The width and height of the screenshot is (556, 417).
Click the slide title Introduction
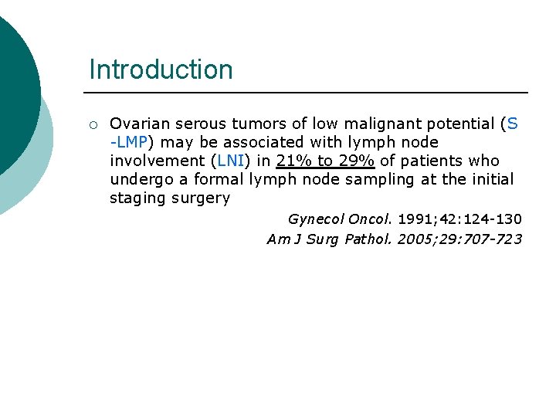(161, 69)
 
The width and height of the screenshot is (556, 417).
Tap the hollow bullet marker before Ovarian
(92, 124)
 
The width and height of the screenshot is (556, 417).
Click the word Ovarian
(140, 124)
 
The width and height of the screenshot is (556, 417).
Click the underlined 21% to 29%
(324, 161)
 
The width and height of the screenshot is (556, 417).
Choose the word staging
(137, 198)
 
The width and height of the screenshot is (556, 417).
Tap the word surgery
(202, 198)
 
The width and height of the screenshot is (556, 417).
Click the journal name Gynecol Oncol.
(340, 219)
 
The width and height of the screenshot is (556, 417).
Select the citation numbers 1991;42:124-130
(459, 219)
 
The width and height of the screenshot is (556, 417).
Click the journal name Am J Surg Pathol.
(330, 239)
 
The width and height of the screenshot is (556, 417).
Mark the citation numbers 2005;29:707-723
(459, 239)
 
